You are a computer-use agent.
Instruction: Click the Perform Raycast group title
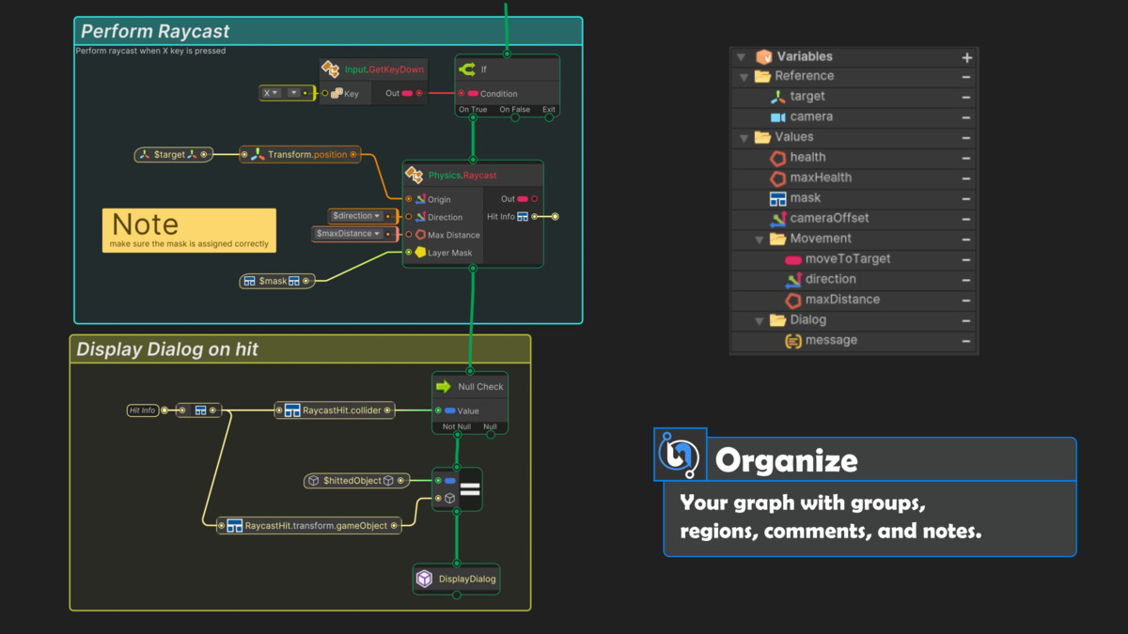(x=155, y=31)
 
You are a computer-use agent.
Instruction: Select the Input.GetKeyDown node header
(x=373, y=70)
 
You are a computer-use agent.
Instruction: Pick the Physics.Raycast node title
(x=462, y=175)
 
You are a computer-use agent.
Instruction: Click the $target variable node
(x=174, y=154)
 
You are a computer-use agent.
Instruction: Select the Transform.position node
(x=300, y=154)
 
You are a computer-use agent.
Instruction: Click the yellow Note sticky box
(x=189, y=230)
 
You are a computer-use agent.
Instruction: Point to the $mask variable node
(x=277, y=281)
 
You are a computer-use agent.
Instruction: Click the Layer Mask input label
(x=449, y=253)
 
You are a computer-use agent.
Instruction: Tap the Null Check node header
(x=470, y=386)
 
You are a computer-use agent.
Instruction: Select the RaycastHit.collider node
(x=335, y=410)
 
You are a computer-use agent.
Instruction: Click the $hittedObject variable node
(x=356, y=481)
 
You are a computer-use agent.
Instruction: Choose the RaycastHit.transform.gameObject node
(x=308, y=526)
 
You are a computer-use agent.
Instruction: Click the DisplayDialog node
(x=456, y=580)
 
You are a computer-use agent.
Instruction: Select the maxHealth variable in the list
(x=821, y=178)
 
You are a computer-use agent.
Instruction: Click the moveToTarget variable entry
(x=848, y=258)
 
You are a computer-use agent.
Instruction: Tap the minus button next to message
(x=966, y=341)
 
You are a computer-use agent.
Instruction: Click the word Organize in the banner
(x=786, y=461)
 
